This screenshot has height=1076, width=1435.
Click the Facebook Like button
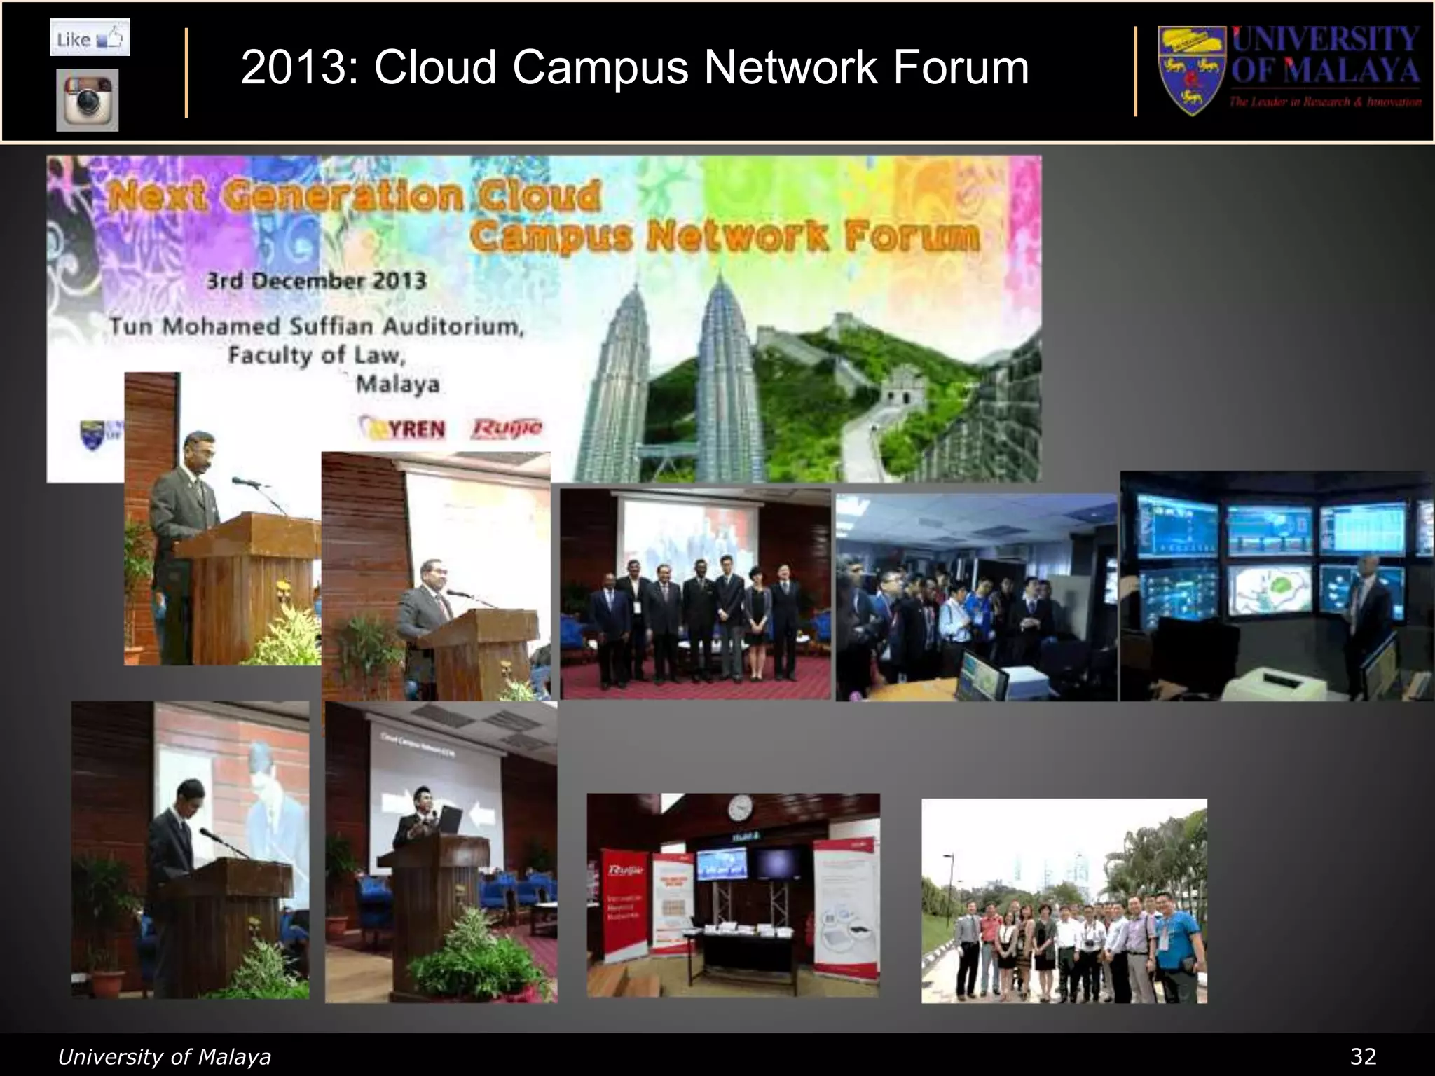tap(90, 38)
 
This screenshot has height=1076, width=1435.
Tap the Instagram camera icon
tap(88, 100)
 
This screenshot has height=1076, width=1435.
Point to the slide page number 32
tap(1362, 1056)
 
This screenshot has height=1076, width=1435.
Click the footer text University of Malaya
tap(164, 1056)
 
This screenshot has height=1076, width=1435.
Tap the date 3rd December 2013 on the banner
tap(316, 282)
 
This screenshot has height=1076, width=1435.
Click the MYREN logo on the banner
tap(402, 428)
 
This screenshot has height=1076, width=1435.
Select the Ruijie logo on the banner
tap(507, 427)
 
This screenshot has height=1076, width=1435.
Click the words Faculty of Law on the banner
tap(317, 355)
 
